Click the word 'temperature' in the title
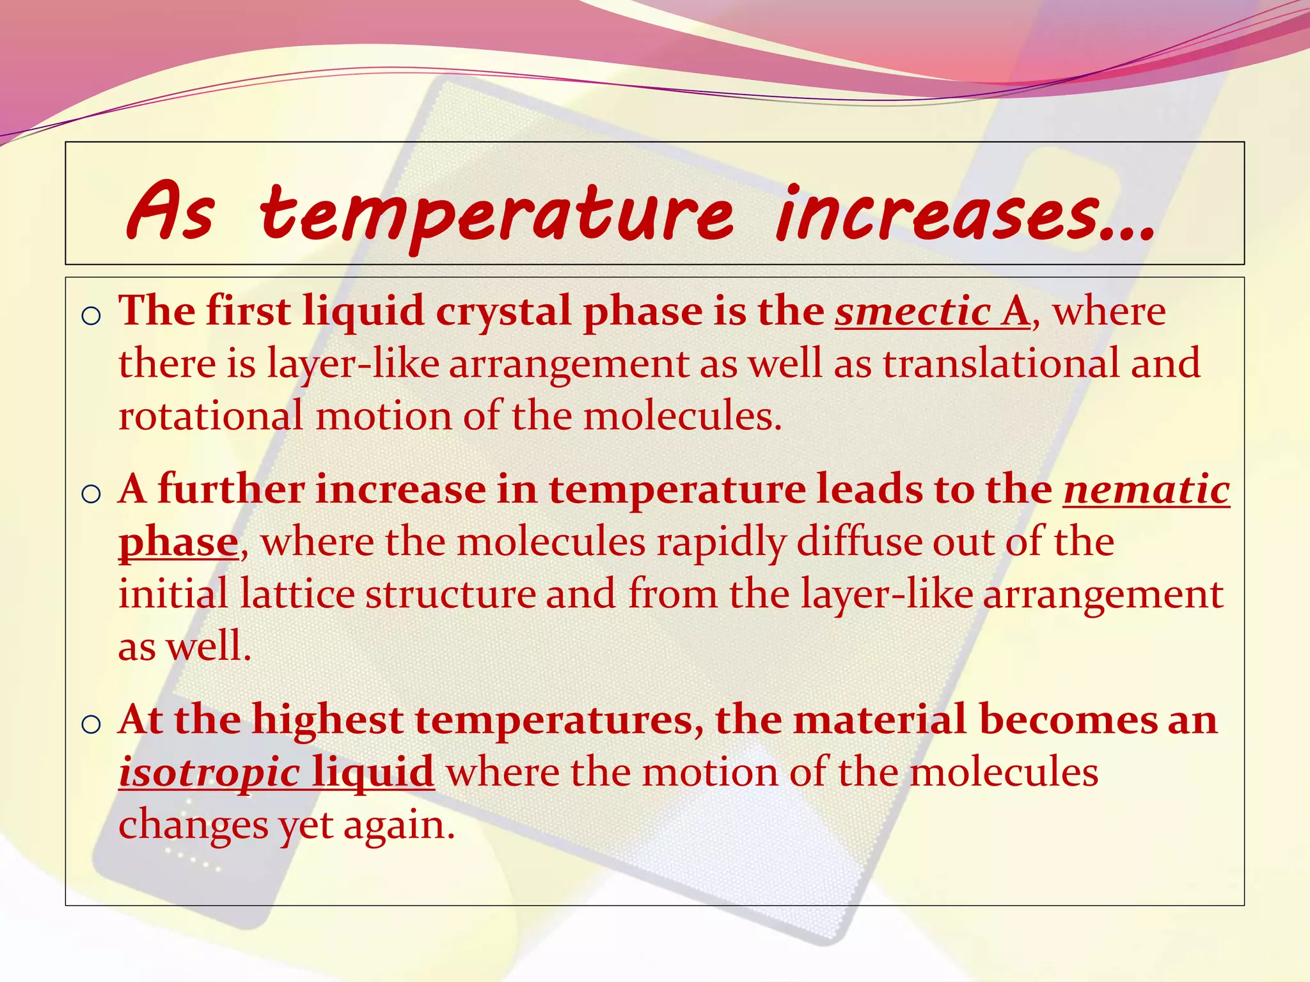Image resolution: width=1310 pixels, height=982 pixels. (x=496, y=214)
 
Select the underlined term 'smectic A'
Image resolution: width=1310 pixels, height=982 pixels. (x=933, y=312)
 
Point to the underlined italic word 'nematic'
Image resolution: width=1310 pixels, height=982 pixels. (x=1146, y=490)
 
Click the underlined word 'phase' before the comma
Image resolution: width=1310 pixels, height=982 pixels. (x=178, y=543)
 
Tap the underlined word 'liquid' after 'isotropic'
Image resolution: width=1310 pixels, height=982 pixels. (x=374, y=772)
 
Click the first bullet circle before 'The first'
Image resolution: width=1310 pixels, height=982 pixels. (x=92, y=316)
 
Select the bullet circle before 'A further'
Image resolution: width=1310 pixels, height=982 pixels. (x=92, y=494)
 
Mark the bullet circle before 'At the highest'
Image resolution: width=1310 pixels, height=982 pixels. (x=92, y=724)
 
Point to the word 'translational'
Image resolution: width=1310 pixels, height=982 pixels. (x=1001, y=364)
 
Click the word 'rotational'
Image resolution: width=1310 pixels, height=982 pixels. (x=210, y=416)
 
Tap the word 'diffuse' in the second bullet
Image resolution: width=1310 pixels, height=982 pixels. (x=859, y=542)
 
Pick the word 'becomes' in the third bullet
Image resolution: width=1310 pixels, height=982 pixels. (x=1068, y=720)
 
